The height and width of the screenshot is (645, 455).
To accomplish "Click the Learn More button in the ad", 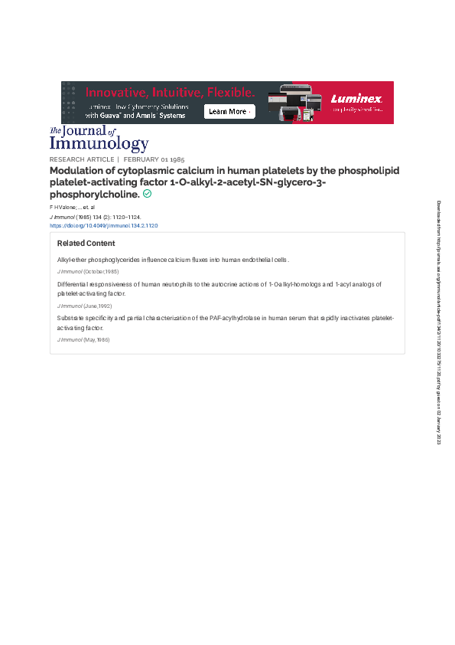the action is pyautogui.click(x=229, y=112).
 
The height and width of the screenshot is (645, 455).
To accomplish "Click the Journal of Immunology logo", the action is pyautogui.click(x=99, y=139).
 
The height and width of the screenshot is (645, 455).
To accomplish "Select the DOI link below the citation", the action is pyautogui.click(x=103, y=226).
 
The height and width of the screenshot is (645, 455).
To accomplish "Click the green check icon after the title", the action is pyautogui.click(x=147, y=194).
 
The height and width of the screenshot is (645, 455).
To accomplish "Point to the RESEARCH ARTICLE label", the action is pyautogui.click(x=82, y=159).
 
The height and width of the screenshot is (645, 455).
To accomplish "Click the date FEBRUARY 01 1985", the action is pyautogui.click(x=154, y=159).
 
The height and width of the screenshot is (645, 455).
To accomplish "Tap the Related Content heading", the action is pyautogui.click(x=86, y=244).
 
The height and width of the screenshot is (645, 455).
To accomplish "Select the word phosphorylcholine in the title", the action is pyautogui.click(x=94, y=195).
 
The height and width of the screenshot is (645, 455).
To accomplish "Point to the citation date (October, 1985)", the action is pyautogui.click(x=101, y=272).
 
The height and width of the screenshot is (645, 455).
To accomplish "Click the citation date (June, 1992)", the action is pyautogui.click(x=98, y=306).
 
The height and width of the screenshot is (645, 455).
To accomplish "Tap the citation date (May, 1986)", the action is pyautogui.click(x=96, y=339).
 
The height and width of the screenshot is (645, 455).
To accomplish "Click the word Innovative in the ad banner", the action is pyautogui.click(x=115, y=92).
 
